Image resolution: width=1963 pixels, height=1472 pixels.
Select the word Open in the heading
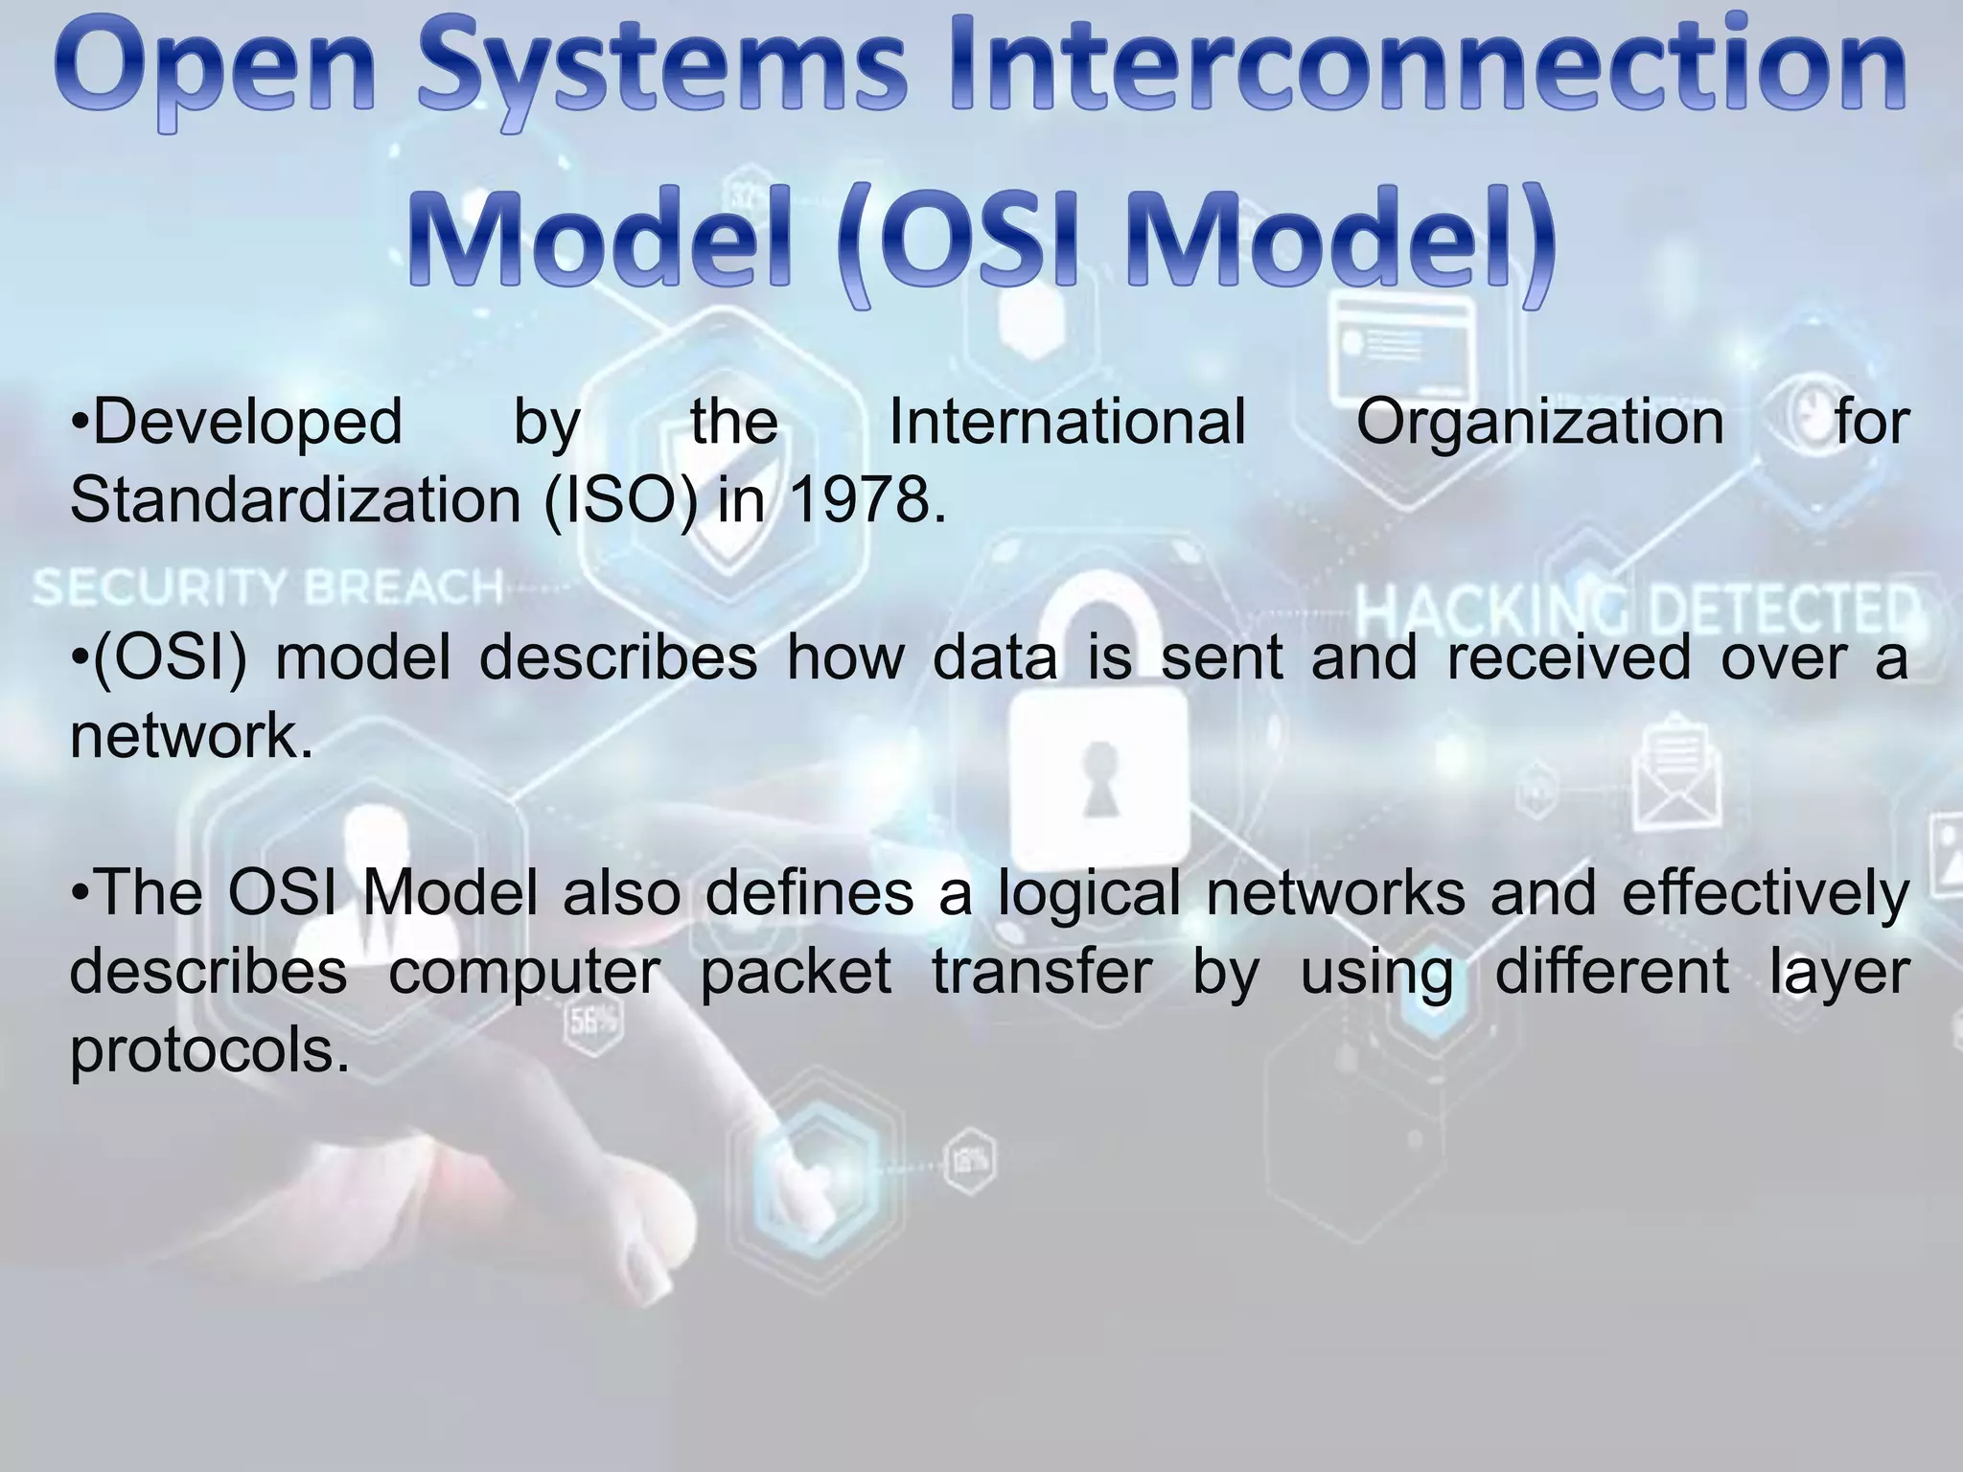(x=216, y=72)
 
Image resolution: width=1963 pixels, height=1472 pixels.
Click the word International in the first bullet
(x=1067, y=422)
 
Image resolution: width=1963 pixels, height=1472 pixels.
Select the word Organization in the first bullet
(x=1539, y=422)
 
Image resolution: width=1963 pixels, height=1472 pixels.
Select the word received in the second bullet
(x=1568, y=658)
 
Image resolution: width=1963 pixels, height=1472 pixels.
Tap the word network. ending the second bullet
(x=192, y=736)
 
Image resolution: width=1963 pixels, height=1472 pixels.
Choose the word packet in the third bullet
(x=796, y=972)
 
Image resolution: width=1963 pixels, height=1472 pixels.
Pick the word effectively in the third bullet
(x=1765, y=894)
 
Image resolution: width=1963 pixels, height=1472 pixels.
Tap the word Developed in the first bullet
(x=238, y=422)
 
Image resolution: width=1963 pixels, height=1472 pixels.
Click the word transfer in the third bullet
(x=1042, y=972)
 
